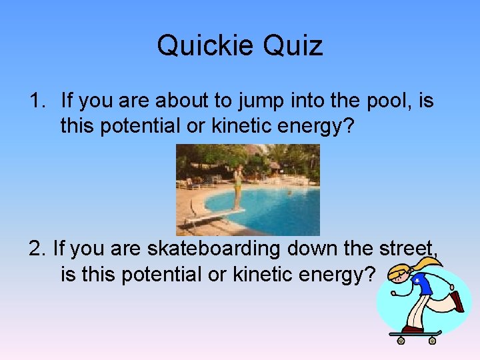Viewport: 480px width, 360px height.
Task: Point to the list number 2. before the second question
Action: pyautogui.click(x=38, y=249)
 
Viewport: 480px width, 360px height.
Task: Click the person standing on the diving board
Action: pyautogui.click(x=237, y=187)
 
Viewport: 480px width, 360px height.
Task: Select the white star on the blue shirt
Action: pyautogui.click(x=417, y=283)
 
